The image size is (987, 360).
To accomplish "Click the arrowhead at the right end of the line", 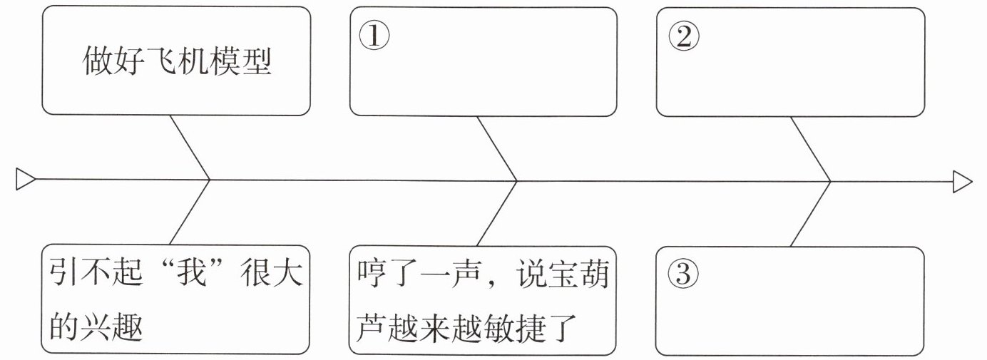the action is click(963, 181).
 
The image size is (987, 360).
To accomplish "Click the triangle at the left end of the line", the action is click(26, 180).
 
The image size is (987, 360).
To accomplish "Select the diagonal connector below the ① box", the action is click(496, 147).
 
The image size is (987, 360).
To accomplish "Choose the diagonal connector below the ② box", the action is click(811, 148).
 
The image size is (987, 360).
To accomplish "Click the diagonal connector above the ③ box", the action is click(811, 213).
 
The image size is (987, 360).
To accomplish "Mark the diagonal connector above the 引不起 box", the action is click(189, 213).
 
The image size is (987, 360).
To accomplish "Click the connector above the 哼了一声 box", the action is click(496, 213).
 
